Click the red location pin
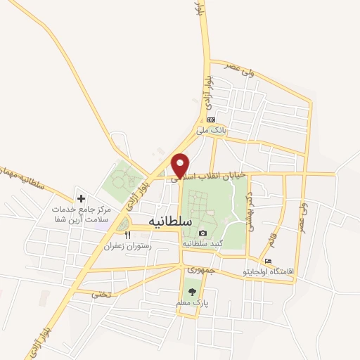181,165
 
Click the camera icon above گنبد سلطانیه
202,233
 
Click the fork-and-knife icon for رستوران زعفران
127,236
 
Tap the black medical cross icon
81,199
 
